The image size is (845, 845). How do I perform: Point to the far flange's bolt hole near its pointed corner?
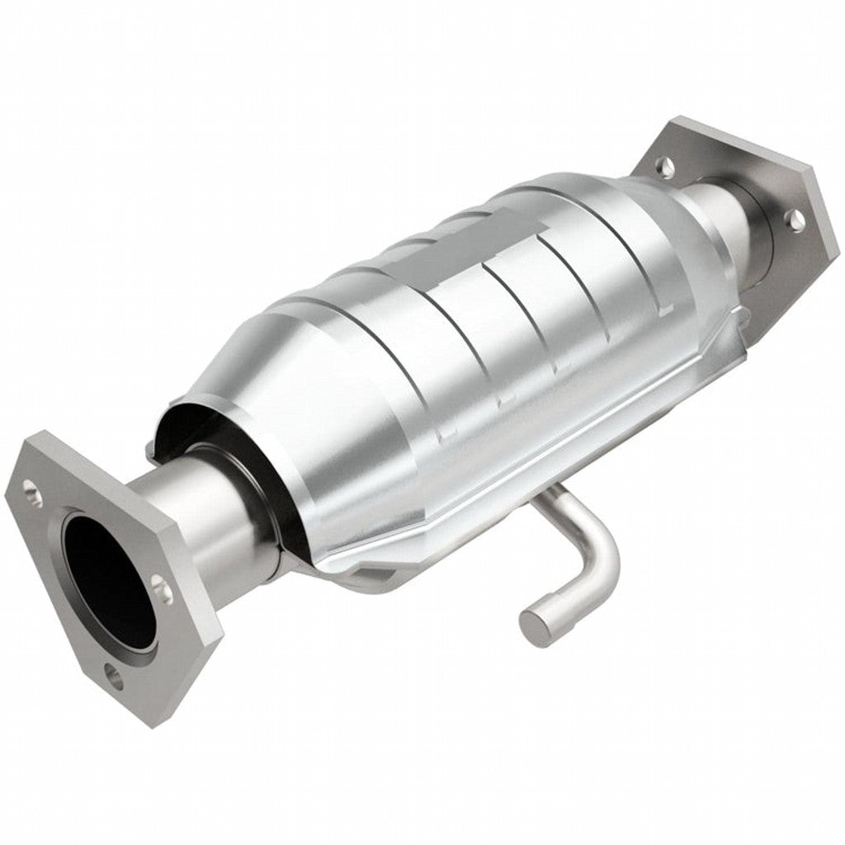point(794,218)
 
